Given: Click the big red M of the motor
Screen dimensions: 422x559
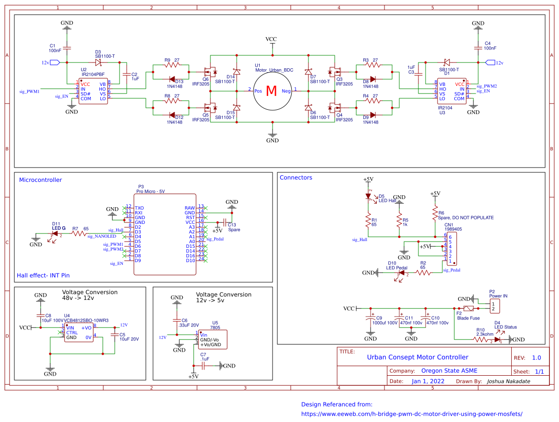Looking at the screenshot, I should pos(271,91).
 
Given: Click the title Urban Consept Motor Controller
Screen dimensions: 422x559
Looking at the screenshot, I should pos(417,357).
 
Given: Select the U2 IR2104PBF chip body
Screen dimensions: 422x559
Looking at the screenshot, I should pos(93,90).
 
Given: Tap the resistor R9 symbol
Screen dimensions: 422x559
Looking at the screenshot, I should pos(171,65).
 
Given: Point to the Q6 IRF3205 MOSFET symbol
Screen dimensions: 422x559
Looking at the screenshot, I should pos(209,72).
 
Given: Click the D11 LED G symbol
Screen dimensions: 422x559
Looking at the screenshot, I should pos(55,233).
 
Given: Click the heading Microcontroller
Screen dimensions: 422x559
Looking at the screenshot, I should pos(40,180).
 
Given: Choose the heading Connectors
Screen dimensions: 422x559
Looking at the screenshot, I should pos(296,178).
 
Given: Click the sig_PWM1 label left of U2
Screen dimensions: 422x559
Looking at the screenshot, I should pos(29,90).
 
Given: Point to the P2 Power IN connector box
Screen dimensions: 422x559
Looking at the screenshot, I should pos(492,307).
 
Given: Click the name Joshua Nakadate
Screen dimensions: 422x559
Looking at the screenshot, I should pos(510,381).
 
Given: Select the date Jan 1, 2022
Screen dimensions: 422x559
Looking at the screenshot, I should pos(427,381).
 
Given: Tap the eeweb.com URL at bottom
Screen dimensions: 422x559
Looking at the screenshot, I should pos(411,414).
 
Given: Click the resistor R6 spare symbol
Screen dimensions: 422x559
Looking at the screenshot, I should pos(435,211).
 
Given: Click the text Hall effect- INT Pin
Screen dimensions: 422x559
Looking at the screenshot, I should pos(43,275).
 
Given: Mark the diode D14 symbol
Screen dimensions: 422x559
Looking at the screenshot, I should pos(236,73).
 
